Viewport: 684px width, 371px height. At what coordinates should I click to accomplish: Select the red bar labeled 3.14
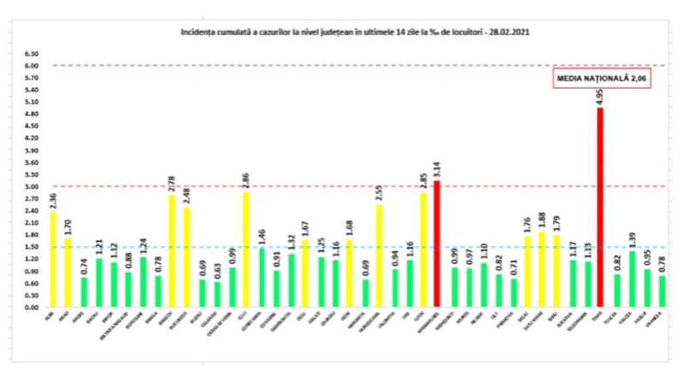click(x=437, y=244)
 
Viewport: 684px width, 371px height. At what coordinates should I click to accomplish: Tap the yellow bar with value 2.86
click(x=246, y=249)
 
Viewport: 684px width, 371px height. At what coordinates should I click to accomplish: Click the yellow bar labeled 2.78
click(x=172, y=250)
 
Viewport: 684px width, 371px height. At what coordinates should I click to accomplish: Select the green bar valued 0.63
click(x=216, y=293)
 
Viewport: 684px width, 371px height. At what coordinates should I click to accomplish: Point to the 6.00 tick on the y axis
click(x=32, y=66)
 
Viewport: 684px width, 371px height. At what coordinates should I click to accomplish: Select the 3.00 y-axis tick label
click(x=32, y=186)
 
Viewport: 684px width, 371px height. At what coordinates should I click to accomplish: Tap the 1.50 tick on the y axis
click(x=32, y=247)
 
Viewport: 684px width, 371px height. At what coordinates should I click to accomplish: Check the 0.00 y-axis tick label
click(x=32, y=307)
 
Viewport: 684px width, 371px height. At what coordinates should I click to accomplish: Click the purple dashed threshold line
click(x=342, y=66)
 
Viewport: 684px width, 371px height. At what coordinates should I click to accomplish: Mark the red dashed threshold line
click(x=342, y=186)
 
